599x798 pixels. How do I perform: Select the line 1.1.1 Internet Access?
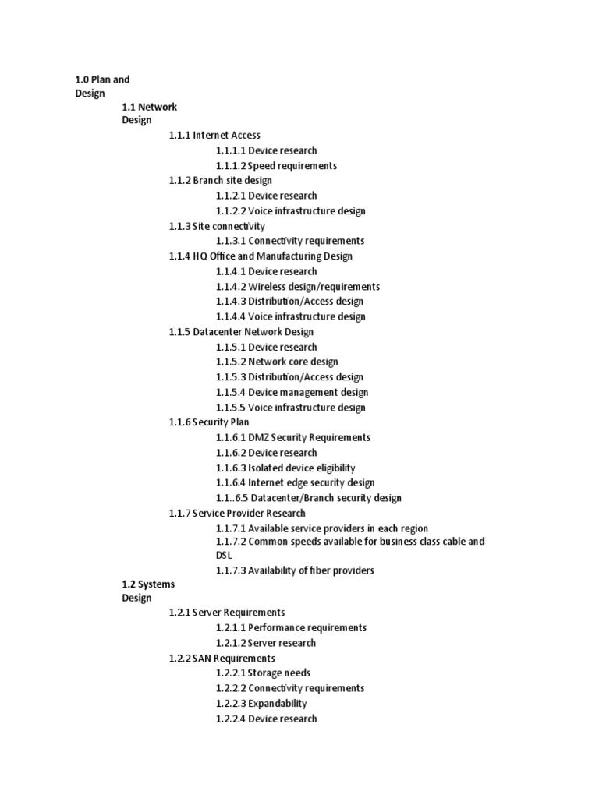214,135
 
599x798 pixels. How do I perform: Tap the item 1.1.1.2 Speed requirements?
276,165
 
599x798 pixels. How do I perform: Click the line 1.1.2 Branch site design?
220,180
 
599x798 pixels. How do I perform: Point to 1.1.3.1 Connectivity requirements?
290,241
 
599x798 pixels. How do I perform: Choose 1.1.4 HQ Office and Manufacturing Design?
261,256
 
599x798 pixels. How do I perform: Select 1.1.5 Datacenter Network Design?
241,331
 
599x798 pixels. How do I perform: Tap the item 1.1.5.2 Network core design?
277,362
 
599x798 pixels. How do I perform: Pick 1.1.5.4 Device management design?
292,392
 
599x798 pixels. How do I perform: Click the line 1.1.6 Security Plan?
209,422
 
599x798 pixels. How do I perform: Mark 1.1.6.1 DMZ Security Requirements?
293,437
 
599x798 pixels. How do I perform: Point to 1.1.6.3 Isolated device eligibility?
285,468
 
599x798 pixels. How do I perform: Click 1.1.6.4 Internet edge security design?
295,482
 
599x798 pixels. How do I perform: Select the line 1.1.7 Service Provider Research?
237,513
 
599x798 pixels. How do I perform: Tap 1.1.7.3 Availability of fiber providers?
295,570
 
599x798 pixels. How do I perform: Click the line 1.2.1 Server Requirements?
227,613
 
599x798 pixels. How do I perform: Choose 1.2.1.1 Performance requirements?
291,627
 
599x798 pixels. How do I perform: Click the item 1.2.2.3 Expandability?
261,703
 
